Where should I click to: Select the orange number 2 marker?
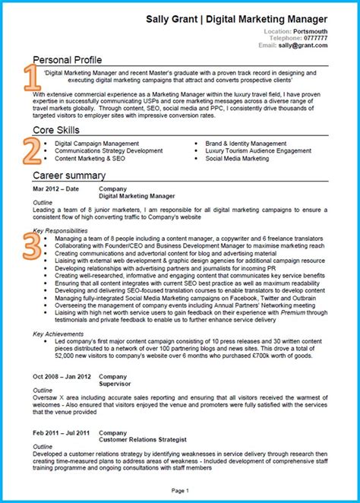coord(31,150)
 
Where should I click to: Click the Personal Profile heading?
coord(67,59)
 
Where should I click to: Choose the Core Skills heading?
coord(56,131)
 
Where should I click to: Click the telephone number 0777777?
coord(314,38)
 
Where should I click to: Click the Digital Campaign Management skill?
coord(96,143)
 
